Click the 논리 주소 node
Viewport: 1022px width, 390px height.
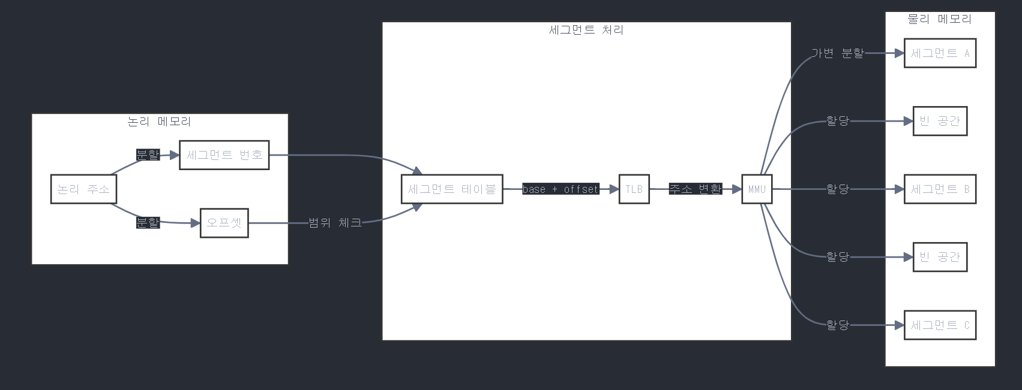coord(83,189)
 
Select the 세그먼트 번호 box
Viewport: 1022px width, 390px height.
coord(224,155)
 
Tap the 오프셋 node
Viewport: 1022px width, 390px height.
coord(224,223)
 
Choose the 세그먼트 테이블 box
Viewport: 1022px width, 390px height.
coord(452,189)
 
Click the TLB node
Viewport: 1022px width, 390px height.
coord(634,189)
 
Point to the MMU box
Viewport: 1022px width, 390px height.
coord(757,189)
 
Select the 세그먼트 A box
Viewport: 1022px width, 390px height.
coord(940,53)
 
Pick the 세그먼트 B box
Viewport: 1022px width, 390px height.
coord(940,189)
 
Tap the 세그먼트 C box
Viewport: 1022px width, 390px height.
coord(940,325)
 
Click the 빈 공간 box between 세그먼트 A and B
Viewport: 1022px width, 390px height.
coord(940,121)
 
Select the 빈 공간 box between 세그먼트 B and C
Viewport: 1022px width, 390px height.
coord(940,257)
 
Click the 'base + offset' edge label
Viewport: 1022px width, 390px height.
coord(561,189)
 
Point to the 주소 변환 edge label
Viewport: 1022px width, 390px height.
coord(695,189)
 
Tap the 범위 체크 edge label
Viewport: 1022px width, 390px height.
coord(335,223)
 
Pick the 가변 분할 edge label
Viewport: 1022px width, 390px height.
coord(837,53)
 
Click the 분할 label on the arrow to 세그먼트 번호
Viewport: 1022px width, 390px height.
coord(148,155)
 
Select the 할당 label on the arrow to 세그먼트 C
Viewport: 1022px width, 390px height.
coord(837,325)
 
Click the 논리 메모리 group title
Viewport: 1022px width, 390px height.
coord(160,122)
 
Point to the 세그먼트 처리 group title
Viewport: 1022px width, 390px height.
coord(586,30)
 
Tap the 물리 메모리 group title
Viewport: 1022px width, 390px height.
coord(940,19)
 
